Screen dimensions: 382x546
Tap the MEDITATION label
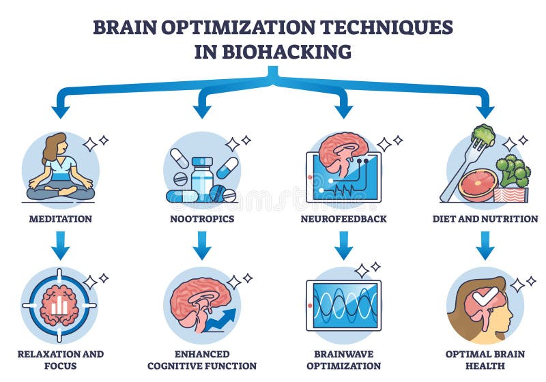tap(60, 219)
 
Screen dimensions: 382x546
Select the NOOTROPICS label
tap(201, 219)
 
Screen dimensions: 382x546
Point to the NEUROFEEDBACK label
tap(344, 219)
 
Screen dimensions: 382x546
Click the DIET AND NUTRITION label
tap(485, 219)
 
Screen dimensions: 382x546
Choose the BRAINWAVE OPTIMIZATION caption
tap(344, 359)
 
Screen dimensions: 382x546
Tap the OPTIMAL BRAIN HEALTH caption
tap(485, 359)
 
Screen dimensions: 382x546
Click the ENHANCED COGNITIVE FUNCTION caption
tap(201, 359)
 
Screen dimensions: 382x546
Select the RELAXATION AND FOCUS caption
tap(60, 359)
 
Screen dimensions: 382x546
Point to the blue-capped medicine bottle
tap(202, 178)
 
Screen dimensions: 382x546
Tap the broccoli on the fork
tap(484, 134)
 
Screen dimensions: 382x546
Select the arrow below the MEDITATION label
tap(60, 246)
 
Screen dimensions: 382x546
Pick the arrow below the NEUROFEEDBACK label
tap(344, 246)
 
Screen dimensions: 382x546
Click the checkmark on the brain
tap(486, 297)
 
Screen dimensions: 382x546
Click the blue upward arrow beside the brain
tap(222, 318)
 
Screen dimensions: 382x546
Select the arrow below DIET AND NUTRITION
tap(485, 246)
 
